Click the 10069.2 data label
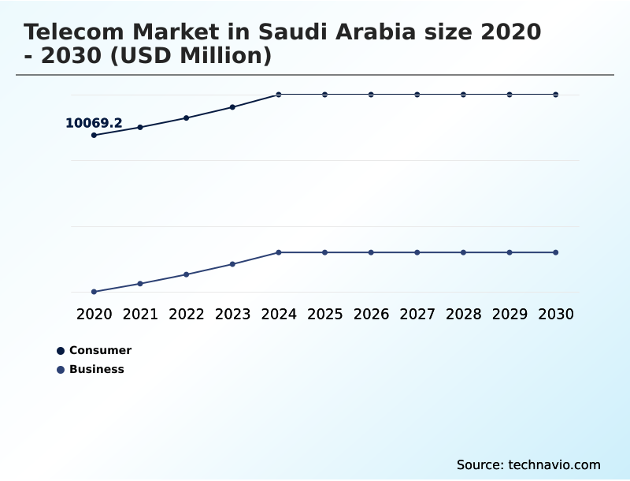[94, 123]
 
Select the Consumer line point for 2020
[94, 135]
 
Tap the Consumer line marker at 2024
[278, 95]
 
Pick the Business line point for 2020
[94, 292]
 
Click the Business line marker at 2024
[278, 252]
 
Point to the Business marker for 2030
[555, 252]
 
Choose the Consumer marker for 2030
[555, 95]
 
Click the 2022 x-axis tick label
[186, 314]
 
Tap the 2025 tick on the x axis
[324, 314]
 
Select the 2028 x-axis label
[463, 314]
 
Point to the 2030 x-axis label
[555, 314]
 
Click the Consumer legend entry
[99, 350]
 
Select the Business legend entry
[96, 369]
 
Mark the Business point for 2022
[186, 274]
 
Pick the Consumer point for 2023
[232, 106]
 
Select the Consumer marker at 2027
[417, 95]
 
